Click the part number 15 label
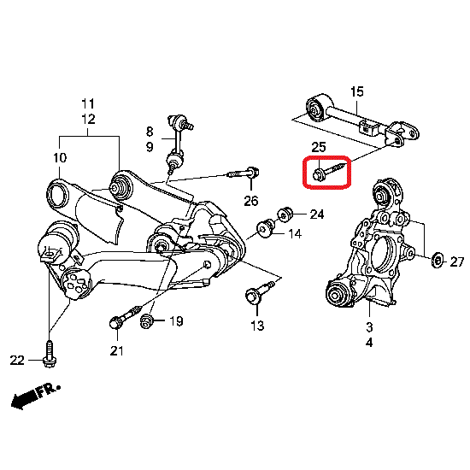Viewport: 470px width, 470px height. (x=357, y=91)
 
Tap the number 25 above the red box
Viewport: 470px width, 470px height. (x=319, y=148)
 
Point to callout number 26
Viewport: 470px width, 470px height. (x=251, y=201)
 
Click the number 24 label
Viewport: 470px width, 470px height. (x=317, y=214)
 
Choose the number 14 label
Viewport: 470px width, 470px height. (x=295, y=234)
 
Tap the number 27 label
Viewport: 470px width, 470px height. (x=457, y=262)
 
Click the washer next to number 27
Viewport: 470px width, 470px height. (x=438, y=260)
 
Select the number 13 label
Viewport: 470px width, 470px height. (x=257, y=326)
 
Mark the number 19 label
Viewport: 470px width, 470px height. (x=176, y=321)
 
